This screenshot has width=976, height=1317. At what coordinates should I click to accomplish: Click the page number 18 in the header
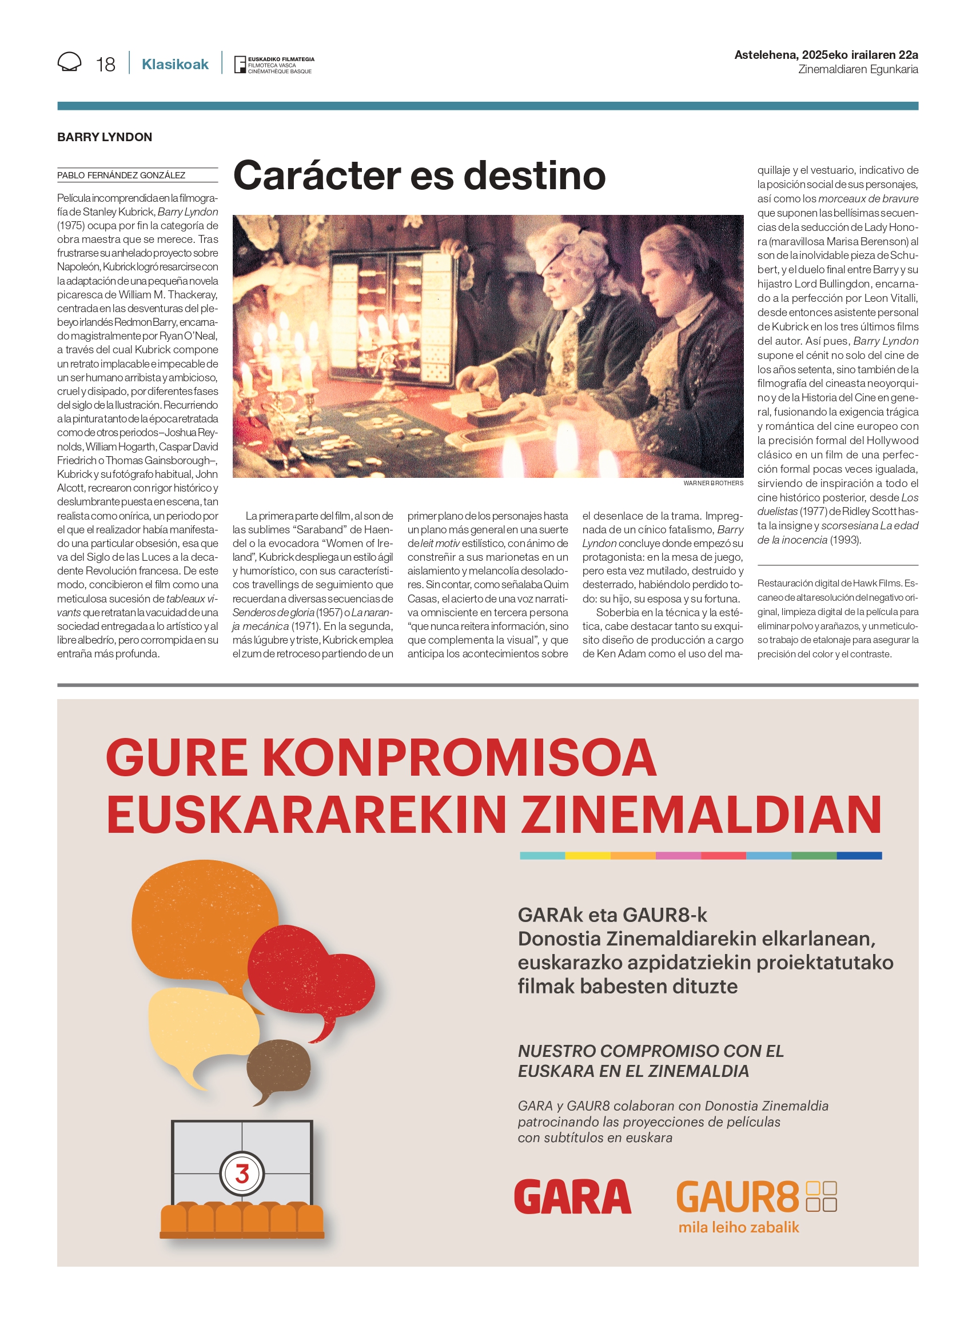(x=105, y=64)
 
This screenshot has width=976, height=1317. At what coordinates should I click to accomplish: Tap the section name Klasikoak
(x=175, y=64)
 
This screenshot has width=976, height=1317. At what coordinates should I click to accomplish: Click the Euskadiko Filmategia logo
(x=274, y=65)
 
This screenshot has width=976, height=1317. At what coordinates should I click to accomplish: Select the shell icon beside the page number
(x=69, y=62)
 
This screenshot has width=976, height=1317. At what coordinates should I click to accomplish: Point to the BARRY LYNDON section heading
(x=105, y=137)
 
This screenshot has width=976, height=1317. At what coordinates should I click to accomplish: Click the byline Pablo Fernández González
(x=121, y=175)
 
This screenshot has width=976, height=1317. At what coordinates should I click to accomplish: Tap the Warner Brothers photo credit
(x=713, y=483)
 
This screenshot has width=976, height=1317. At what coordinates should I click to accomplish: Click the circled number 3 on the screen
(x=242, y=1174)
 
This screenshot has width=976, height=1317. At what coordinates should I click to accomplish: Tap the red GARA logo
(x=572, y=1197)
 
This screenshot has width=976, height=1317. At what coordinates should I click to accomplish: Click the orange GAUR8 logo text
(x=738, y=1197)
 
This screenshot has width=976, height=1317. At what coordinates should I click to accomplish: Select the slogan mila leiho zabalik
(x=739, y=1227)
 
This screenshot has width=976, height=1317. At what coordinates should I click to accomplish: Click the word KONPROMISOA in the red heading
(x=458, y=758)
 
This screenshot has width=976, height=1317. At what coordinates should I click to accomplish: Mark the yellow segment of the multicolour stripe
(x=587, y=856)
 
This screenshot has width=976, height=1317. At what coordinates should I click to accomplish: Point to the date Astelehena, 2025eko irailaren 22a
(x=826, y=55)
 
